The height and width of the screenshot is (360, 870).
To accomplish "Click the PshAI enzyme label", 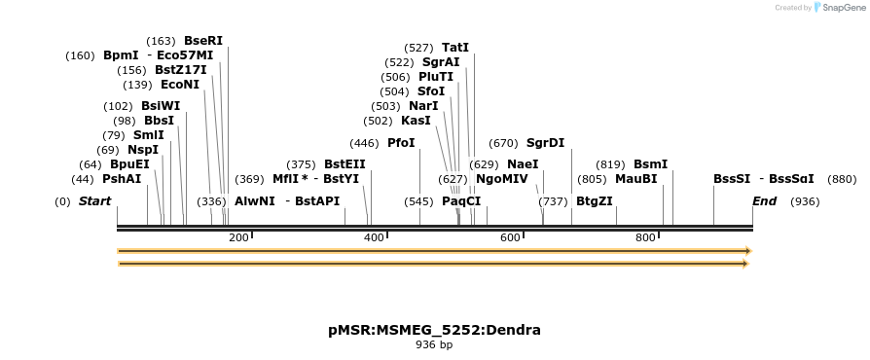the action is click(122, 179).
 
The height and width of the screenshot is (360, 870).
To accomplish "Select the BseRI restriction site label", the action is click(202, 41).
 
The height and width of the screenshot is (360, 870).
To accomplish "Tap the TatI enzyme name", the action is click(454, 48).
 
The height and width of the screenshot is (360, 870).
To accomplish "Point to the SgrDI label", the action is click(545, 143).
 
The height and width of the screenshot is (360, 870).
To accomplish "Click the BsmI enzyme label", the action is click(650, 164).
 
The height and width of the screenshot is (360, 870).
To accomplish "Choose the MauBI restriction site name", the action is click(635, 179).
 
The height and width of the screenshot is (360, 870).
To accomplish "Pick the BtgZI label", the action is click(595, 201).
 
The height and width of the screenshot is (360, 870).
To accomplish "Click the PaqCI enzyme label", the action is click(461, 201).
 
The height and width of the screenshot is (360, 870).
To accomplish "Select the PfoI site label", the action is click(401, 143).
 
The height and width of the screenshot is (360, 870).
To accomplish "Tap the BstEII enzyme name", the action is click(344, 164).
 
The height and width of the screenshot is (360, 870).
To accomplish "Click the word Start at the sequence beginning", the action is click(94, 201).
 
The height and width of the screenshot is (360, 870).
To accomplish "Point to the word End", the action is click(765, 201).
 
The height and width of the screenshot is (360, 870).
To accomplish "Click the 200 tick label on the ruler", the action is click(238, 238).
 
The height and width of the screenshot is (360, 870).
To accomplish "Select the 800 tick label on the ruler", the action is click(645, 238).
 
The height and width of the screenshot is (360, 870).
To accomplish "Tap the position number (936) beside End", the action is click(805, 201).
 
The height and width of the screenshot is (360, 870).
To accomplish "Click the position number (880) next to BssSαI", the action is click(842, 179).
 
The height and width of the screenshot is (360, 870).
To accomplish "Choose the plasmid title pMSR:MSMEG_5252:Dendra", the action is click(434, 330).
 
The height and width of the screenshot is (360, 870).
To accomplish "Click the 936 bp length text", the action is click(434, 344).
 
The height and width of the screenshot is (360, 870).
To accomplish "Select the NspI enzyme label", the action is click(142, 150).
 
